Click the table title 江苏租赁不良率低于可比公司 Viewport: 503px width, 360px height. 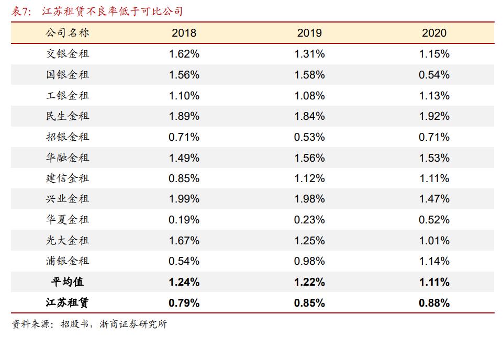pos(112,11)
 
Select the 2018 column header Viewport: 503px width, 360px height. pos(184,33)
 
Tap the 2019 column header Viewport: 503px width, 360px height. pos(309,33)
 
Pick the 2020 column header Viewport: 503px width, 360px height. pos(434,33)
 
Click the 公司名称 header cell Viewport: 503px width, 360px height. pos(68,33)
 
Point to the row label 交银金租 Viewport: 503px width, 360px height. pos(68,54)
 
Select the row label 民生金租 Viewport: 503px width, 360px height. pos(68,116)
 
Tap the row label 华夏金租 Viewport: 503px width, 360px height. pos(68,220)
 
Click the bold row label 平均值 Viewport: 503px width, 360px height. pos(68,282)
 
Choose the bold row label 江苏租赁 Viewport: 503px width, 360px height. pos(68,302)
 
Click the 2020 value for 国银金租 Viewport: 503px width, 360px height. pos(434,75)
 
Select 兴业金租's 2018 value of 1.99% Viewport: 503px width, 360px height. pos(184,199)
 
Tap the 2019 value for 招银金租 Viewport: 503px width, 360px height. pos(309,137)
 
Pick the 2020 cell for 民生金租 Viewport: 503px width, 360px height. pos(434,116)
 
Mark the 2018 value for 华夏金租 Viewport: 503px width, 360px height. pos(184,220)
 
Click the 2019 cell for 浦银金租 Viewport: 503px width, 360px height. pos(309,261)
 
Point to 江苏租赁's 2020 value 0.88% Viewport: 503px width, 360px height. pos(434,302)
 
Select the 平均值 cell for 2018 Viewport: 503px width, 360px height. pos(184,282)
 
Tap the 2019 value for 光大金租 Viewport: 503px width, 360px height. pos(309,241)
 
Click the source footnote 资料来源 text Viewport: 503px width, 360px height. pos(89,324)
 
